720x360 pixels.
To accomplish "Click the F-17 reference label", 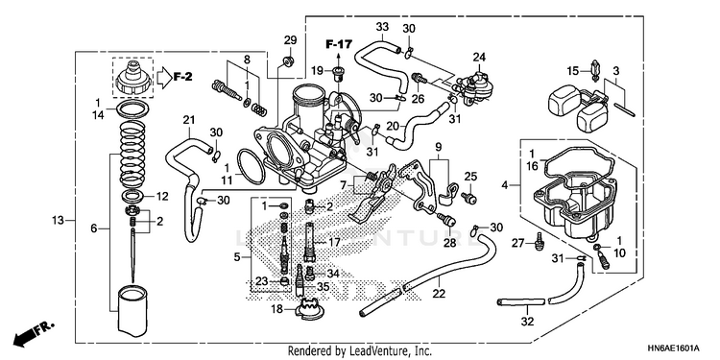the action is pos(339,44).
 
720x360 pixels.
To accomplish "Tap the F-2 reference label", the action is pos(182,77).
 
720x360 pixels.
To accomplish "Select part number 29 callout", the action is pos(290,40).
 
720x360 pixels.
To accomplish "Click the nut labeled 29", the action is pos(289,60).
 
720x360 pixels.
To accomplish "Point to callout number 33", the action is pos(382,27).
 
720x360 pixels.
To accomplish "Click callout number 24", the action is pos(479,57).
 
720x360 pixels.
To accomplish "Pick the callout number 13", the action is pos(58,221).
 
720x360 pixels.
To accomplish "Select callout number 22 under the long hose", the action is pos(439,294).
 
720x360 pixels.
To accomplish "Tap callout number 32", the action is pos(528,322).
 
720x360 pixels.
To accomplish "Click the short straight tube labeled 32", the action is pos(520,301).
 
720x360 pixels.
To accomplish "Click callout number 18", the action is pos(276,309).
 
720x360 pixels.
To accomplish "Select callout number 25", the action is pos(470,176).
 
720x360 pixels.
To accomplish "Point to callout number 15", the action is pos(572,71).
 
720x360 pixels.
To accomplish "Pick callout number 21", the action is pos(189,120).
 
